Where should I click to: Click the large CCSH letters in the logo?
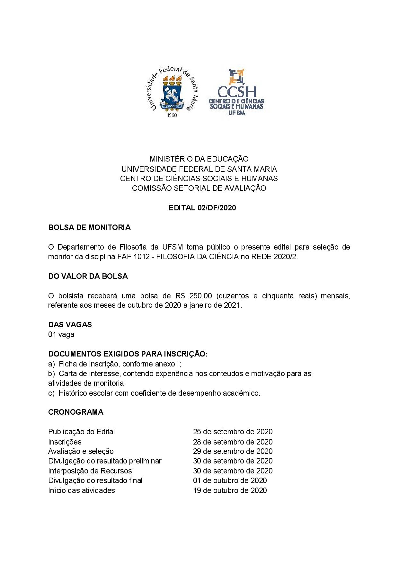point(237,92)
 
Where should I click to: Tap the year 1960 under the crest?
point(172,115)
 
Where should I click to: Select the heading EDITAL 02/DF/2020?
point(202,208)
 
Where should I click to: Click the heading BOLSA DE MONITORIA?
point(89,227)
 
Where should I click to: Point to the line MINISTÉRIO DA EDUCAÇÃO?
point(199,159)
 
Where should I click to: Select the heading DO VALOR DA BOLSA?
point(88,276)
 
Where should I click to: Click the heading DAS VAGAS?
point(70,325)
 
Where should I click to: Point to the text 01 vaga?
point(61,334)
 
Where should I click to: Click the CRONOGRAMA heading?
point(76,412)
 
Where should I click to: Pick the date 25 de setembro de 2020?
point(233,432)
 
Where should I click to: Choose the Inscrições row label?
point(65,442)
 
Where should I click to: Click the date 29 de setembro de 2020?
point(233,451)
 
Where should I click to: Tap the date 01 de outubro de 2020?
point(230,480)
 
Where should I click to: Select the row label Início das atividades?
point(82,490)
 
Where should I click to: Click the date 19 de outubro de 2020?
point(230,490)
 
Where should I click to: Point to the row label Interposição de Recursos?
point(90,471)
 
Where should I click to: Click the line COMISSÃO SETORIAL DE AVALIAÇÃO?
point(199,188)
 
